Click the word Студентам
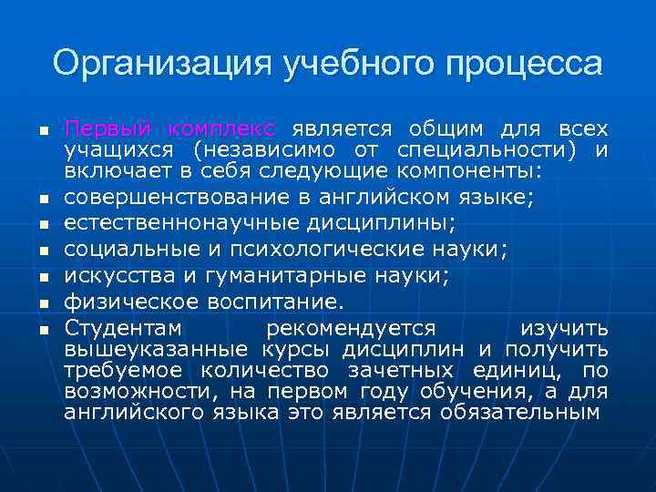pos(123,327)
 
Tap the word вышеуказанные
pos(156,349)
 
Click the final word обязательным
pos(520,412)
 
